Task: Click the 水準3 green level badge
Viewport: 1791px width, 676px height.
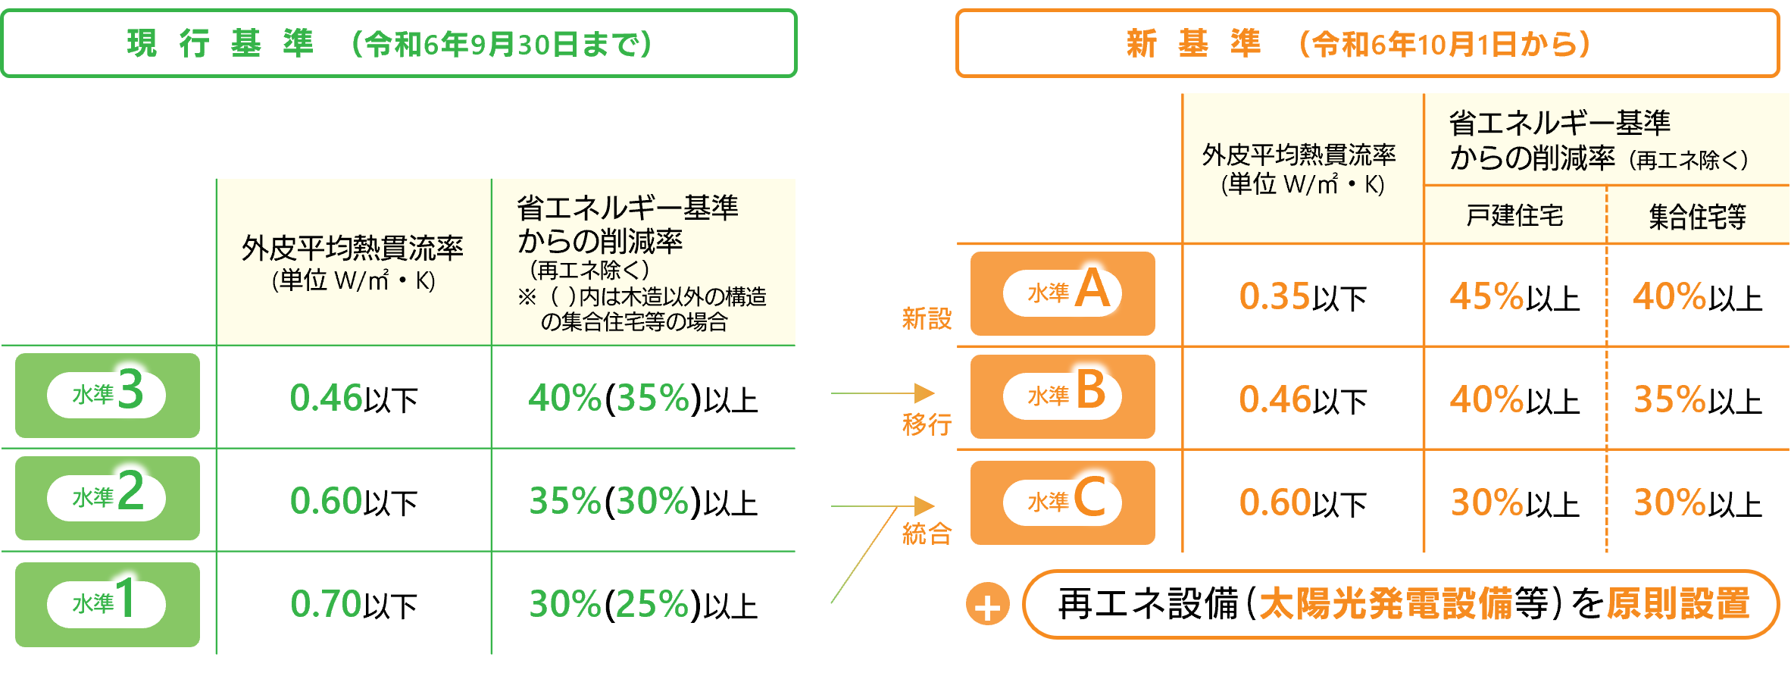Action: pos(108,395)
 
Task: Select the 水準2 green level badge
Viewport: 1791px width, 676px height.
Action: pos(108,498)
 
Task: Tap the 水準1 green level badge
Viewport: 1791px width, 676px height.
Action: pos(108,604)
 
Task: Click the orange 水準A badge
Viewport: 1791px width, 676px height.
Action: pos(1062,293)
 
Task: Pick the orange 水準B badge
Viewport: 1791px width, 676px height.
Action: pos(1062,396)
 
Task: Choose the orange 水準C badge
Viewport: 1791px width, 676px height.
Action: pos(1062,502)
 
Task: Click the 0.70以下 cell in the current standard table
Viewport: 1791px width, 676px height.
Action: pos(354,604)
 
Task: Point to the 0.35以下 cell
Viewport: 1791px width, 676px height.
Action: pos(1302,296)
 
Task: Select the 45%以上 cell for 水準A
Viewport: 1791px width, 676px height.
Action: pos(1514,296)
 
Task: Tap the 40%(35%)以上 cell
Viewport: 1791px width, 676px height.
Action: pos(643,398)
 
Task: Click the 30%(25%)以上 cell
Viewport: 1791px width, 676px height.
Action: pos(643,604)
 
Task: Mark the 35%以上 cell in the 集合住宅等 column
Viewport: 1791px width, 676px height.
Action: pos(1698,399)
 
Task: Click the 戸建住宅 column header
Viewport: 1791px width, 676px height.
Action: pos(1514,216)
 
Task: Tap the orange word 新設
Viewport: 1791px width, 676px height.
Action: pos(926,318)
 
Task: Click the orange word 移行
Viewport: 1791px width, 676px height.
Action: pos(926,424)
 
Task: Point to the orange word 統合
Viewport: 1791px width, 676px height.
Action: pos(926,534)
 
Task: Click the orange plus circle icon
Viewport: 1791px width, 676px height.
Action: pos(987,605)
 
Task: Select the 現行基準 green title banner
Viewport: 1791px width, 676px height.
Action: pos(399,43)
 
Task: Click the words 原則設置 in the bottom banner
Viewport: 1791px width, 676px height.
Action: pos(1678,604)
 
